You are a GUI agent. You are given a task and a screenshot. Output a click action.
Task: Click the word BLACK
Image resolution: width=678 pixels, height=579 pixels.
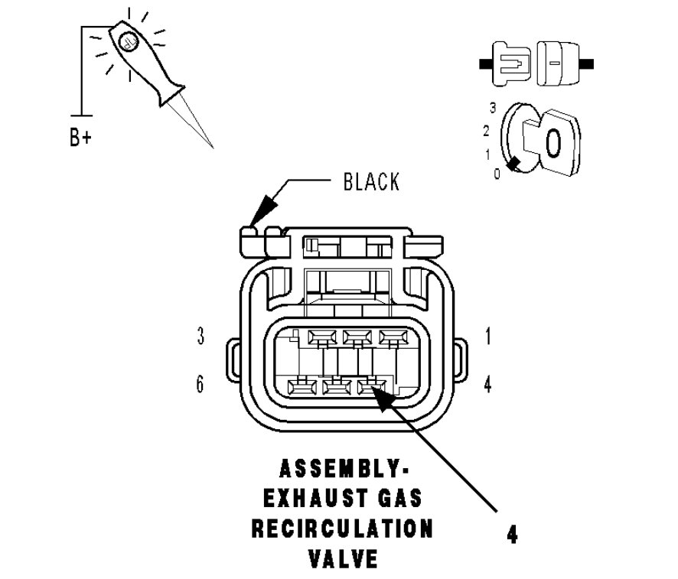[370, 182]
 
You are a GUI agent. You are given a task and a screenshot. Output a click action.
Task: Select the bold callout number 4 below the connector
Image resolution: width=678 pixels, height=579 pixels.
[511, 534]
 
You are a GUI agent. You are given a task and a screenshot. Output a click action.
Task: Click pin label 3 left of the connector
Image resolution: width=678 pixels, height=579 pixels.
[200, 337]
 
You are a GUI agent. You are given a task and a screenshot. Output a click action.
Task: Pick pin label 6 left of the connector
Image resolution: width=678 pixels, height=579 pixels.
[200, 383]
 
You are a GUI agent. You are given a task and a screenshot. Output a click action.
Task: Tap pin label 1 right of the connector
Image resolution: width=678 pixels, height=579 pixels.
[487, 337]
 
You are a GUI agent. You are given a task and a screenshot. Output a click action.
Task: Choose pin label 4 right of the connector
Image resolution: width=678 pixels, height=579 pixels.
[487, 383]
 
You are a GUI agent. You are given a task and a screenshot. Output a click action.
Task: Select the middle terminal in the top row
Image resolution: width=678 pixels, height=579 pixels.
[357, 337]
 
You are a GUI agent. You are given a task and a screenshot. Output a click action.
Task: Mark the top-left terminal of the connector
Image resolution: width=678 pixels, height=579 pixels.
[321, 337]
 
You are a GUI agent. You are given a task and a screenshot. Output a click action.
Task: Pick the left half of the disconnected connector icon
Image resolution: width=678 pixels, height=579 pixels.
[508, 60]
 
